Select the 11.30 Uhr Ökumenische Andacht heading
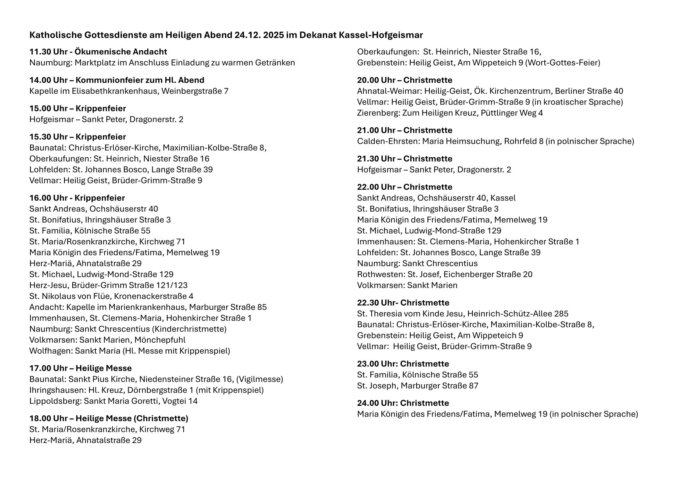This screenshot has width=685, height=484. pyautogui.click(x=98, y=52)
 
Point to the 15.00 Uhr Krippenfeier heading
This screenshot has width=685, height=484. pyautogui.click(x=77, y=108)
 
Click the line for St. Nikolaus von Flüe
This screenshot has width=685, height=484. pyautogui.click(x=111, y=296)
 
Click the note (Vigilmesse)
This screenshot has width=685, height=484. pyautogui.click(x=259, y=379)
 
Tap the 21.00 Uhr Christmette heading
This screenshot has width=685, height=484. pyautogui.click(x=404, y=130)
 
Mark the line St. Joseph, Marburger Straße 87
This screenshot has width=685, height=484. pyautogui.click(x=417, y=386)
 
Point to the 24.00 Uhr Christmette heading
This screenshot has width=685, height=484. pyautogui.click(x=403, y=403)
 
